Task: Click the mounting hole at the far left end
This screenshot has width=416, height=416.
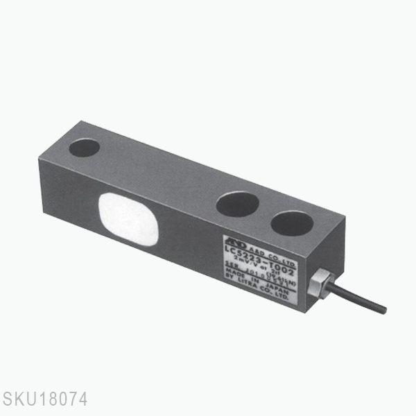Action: point(85,147)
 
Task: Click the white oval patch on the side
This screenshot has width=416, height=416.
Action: point(129,218)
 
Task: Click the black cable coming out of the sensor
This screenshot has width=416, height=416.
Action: point(357,294)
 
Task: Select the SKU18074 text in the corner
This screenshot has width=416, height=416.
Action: point(44,400)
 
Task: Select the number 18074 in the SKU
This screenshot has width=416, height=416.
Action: point(62,400)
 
